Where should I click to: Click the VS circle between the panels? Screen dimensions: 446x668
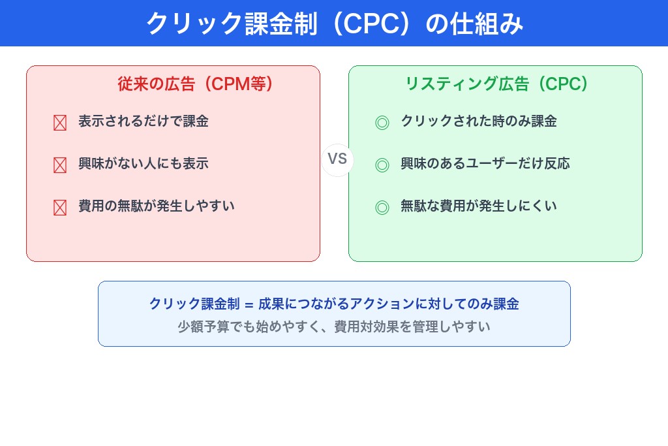point(337,160)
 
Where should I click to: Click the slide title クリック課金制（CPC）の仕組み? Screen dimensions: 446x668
point(334,24)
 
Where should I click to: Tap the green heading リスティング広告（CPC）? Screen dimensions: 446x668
point(496,84)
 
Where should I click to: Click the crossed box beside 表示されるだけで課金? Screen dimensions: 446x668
point(60,123)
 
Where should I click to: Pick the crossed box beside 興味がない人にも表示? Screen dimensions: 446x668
point(60,165)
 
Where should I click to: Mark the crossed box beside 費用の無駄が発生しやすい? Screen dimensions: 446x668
point(60,208)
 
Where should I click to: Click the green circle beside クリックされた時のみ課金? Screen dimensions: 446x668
point(382,123)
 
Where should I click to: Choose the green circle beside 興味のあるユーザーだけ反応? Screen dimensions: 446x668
point(382,165)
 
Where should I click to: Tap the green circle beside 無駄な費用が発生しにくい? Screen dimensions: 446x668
point(382,208)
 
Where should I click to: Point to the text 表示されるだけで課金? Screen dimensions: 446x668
point(144,121)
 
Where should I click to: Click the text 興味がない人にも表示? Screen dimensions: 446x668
point(144,163)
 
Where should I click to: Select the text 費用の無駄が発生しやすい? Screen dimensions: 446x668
point(157,206)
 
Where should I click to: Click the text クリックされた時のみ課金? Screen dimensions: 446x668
point(479,121)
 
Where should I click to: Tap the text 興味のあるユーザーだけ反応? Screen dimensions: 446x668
point(485,163)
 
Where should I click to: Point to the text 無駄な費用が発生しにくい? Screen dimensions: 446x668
point(479,206)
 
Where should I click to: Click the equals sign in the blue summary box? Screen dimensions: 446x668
point(249,304)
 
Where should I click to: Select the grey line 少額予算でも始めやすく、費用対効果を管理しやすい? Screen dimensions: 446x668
point(334,326)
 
